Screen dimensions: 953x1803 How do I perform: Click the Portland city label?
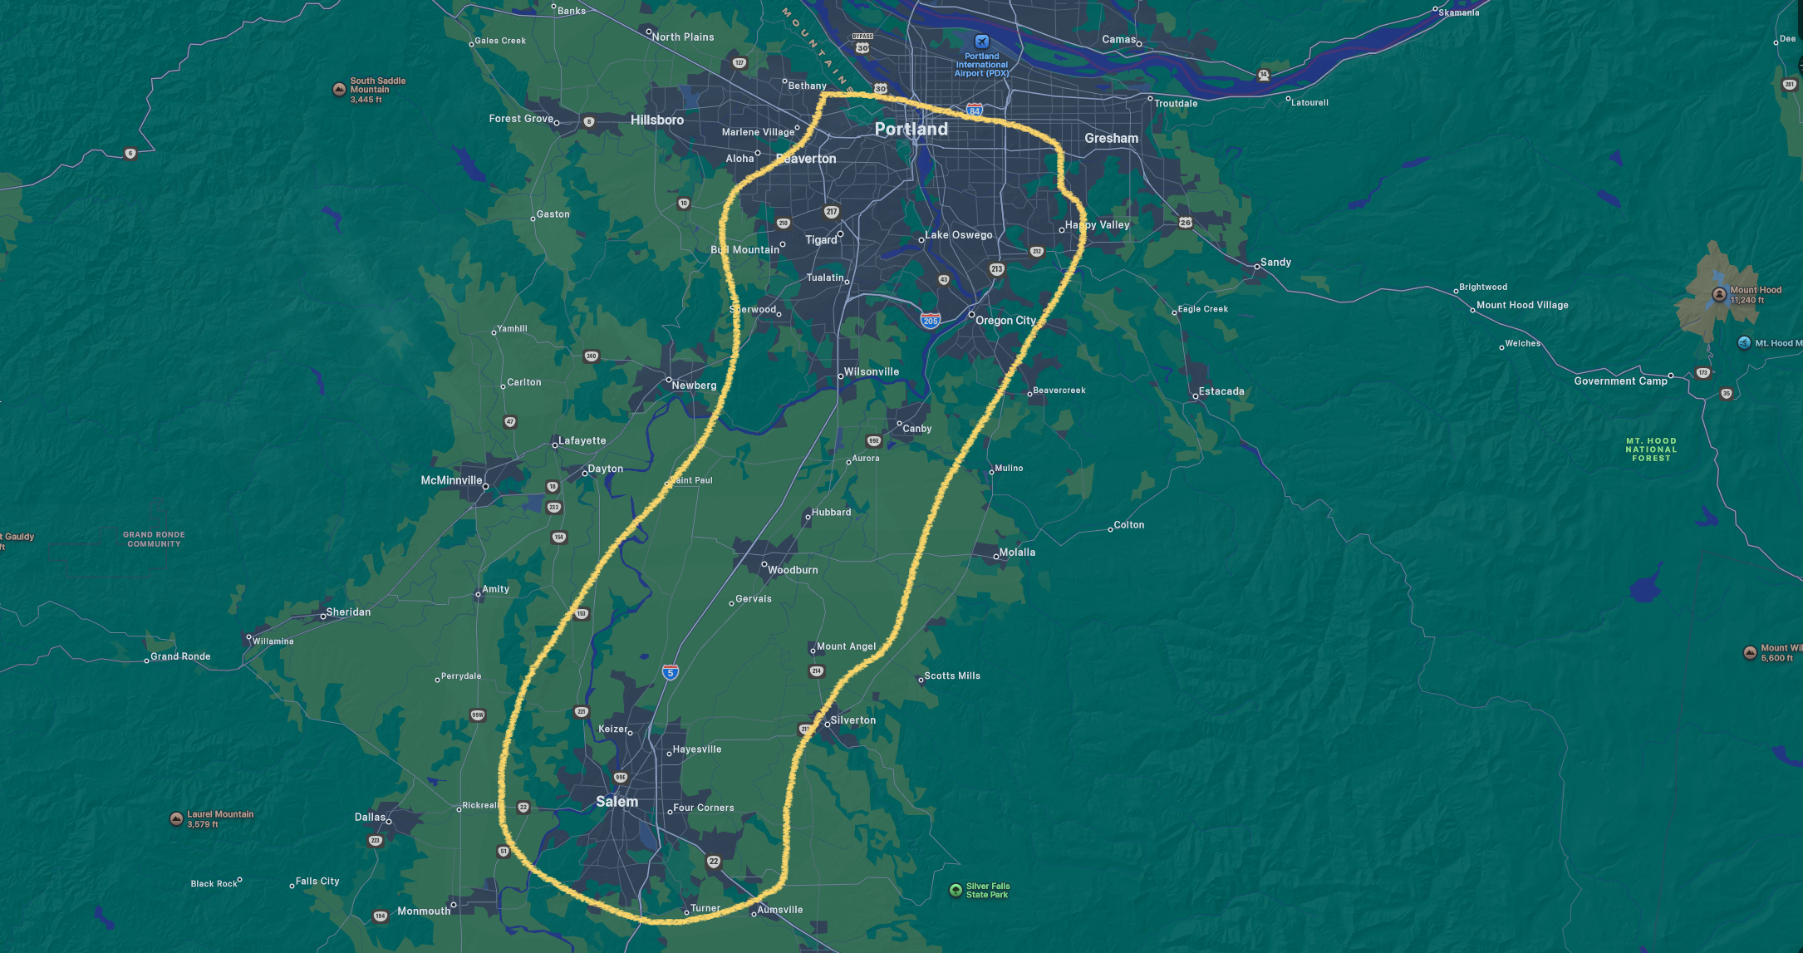tap(911, 129)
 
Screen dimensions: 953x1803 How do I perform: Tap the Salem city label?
tap(617, 802)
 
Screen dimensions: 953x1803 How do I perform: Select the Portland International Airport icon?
tap(981, 42)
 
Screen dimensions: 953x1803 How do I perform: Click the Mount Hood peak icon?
tap(1719, 294)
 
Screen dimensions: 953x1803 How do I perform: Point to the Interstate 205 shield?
tap(930, 321)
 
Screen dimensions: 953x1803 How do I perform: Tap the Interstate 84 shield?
tap(975, 110)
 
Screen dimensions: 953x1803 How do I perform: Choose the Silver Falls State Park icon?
tap(956, 890)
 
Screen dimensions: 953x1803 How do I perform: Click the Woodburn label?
tap(793, 570)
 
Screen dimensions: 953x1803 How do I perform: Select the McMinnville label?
tap(451, 480)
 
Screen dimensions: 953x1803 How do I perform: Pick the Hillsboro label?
tap(656, 120)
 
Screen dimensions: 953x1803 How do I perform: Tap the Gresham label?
tap(1111, 138)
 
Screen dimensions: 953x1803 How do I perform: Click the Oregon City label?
tap(1005, 320)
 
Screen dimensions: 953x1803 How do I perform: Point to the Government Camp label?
tap(1620, 381)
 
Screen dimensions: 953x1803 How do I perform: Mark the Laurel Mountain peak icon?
tap(176, 818)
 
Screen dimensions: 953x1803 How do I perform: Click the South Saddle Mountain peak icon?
tap(339, 89)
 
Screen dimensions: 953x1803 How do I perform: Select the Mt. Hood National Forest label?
tap(1650, 449)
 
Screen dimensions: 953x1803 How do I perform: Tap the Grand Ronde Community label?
tap(154, 539)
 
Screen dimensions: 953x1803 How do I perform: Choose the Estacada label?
tap(1221, 391)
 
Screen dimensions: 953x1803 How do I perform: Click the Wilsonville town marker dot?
tap(840, 376)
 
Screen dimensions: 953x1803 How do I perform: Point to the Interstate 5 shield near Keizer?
tap(671, 671)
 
